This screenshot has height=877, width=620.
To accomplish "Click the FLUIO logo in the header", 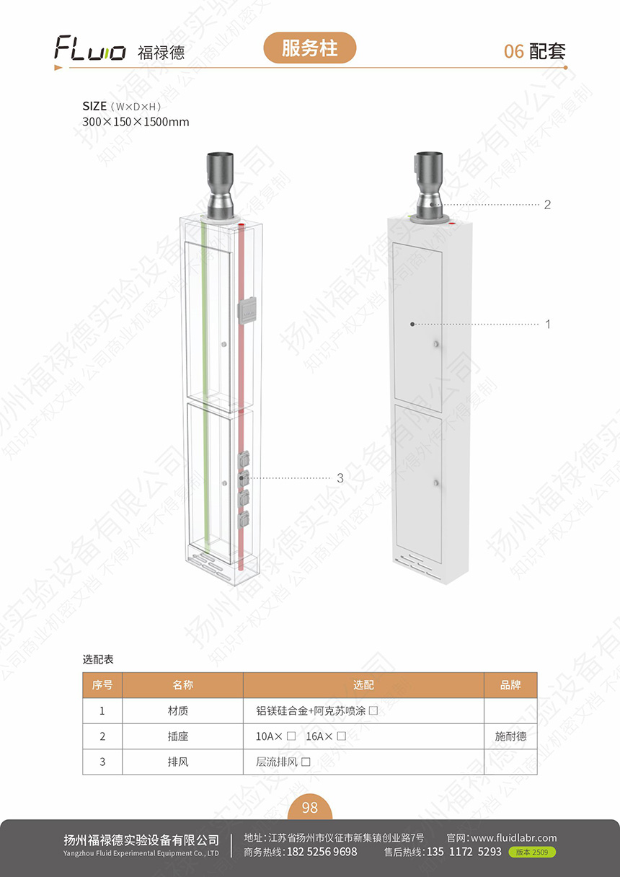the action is click(89, 48).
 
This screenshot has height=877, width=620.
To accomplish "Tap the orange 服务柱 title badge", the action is click(309, 48).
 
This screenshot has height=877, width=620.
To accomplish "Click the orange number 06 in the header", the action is click(513, 51).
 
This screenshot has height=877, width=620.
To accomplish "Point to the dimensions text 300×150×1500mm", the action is click(136, 122).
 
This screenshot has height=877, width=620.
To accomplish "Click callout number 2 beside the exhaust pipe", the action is click(547, 204).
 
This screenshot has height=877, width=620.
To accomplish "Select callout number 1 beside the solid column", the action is click(548, 324).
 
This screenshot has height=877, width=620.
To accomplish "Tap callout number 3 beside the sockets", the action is click(340, 478).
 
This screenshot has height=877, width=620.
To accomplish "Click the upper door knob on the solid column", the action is click(436, 344).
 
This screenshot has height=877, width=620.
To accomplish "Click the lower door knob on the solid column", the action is click(436, 482).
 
